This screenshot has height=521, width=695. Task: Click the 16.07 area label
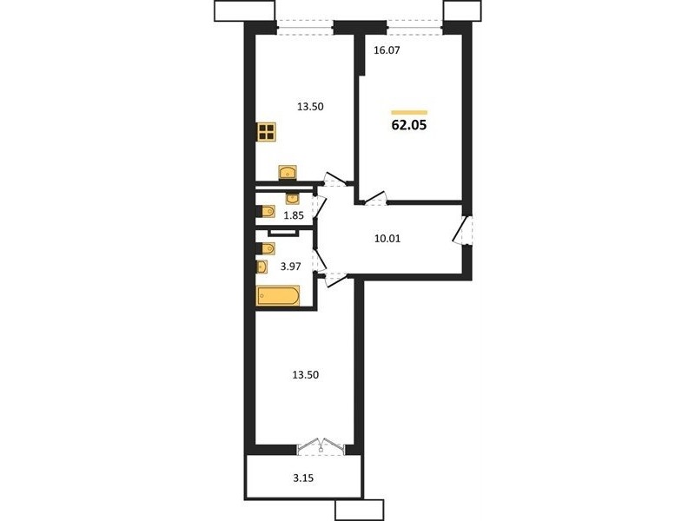(x=387, y=50)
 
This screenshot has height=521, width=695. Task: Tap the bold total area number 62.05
(x=408, y=125)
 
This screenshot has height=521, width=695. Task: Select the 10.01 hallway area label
(x=387, y=239)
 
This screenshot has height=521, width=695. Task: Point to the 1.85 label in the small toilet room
(x=294, y=215)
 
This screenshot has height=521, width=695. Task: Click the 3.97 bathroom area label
(x=291, y=267)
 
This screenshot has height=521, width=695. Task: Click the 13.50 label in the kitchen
(x=310, y=106)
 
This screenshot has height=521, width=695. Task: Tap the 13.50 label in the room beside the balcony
(x=306, y=375)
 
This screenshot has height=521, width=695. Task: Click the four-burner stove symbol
(x=267, y=132)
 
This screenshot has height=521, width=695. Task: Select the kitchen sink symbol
(x=288, y=172)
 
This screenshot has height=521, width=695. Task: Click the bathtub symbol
(x=278, y=296)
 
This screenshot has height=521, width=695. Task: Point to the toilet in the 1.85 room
(x=266, y=211)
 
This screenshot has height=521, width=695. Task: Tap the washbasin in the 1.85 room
(x=293, y=198)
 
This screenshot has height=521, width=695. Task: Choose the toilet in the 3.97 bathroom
(x=266, y=248)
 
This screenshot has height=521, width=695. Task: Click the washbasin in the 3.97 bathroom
(x=261, y=267)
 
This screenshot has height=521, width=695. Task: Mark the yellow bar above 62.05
(x=409, y=113)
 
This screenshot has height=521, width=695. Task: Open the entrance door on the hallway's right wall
(x=463, y=230)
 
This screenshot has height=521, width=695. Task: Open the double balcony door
(x=321, y=446)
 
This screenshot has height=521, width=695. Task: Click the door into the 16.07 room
(x=374, y=199)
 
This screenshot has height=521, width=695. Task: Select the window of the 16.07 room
(x=415, y=27)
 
